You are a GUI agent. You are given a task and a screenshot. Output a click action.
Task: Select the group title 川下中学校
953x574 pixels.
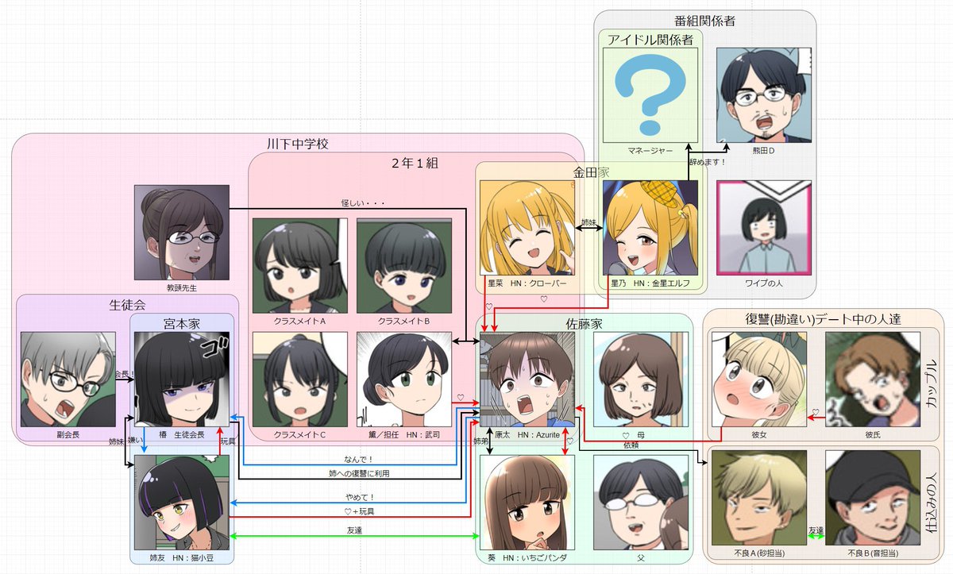tap(298, 144)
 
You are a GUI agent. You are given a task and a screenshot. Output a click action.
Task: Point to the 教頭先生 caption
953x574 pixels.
tap(181, 287)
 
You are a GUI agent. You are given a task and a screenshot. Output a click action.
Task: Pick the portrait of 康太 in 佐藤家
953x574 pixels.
tap(527, 379)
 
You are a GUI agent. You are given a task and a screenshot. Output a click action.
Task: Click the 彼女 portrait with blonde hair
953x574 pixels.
tap(759, 379)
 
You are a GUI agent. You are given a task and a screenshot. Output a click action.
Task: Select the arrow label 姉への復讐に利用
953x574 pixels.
tap(359, 473)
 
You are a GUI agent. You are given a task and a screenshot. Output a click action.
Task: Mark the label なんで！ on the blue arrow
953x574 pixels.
tap(359, 459)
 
